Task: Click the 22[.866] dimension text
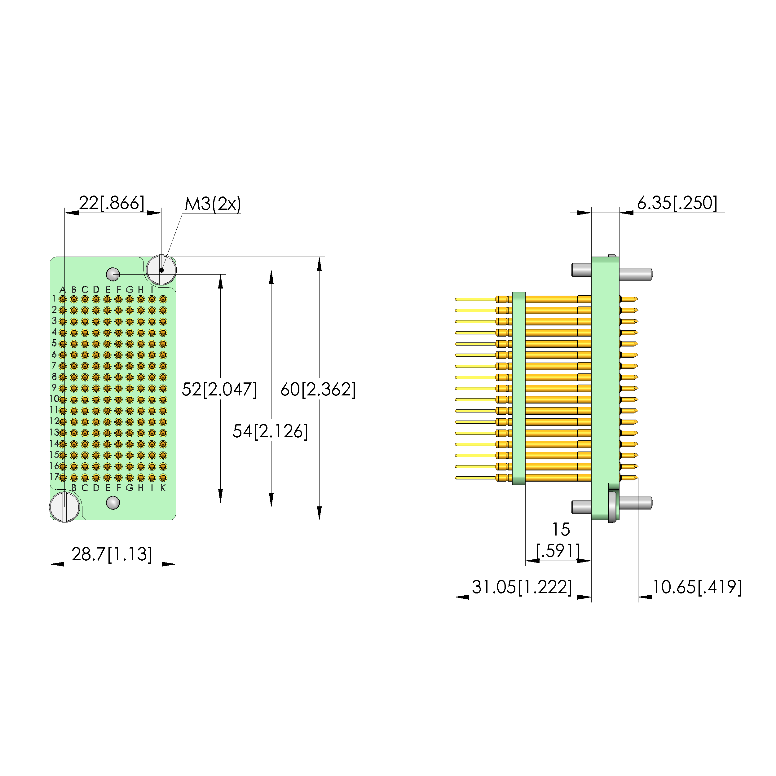coord(111,203)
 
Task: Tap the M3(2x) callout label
coord(213,204)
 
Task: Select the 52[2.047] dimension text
coord(219,389)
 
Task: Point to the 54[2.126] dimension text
coord(270,431)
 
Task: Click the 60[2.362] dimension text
coord(318,389)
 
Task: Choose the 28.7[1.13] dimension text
coord(112,554)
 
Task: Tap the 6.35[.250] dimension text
coord(677,203)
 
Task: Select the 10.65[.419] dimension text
coord(697,587)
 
